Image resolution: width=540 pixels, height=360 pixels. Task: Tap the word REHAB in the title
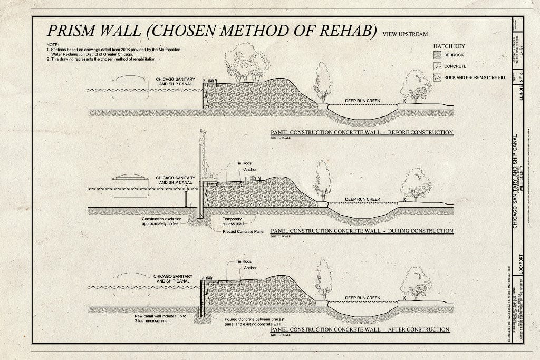pyautogui.click(x=342, y=30)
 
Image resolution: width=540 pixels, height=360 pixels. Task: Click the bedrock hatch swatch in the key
pyautogui.click(x=437, y=55)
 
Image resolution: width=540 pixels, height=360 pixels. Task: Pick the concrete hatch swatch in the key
pyautogui.click(x=437, y=66)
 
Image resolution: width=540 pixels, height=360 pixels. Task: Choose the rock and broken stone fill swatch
pyautogui.click(x=437, y=77)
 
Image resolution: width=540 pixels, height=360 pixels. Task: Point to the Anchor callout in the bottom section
pyautogui.click(x=250, y=268)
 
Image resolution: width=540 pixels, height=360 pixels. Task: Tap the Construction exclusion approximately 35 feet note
pyautogui.click(x=166, y=221)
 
